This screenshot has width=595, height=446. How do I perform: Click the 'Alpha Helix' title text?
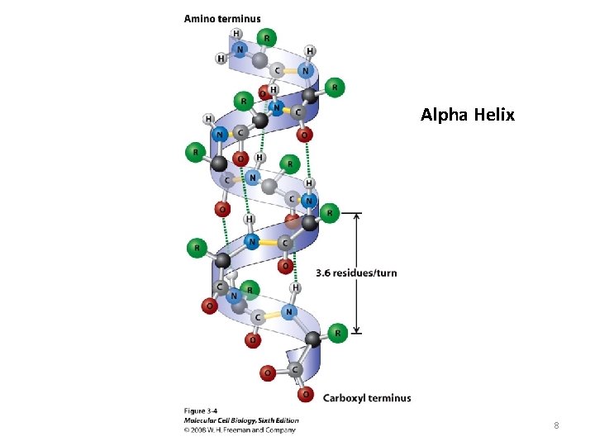(x=467, y=115)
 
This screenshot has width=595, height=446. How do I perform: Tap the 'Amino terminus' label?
(x=221, y=18)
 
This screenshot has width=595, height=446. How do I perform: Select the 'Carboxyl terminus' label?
(x=366, y=397)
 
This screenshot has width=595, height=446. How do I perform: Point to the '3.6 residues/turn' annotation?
(x=356, y=273)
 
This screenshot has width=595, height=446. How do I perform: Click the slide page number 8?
(x=556, y=425)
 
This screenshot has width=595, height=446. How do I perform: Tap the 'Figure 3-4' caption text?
(x=201, y=410)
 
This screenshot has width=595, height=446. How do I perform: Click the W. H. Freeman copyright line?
(x=239, y=429)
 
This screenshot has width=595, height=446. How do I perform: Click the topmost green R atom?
(x=265, y=36)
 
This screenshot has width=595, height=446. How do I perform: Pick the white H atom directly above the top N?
(x=237, y=33)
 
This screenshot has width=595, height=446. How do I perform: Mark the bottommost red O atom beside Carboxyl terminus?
(x=307, y=394)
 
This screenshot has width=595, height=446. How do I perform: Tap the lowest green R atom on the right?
(x=336, y=332)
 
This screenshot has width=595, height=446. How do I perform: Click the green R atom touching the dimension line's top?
(x=329, y=213)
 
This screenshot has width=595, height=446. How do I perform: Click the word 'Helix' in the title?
(x=494, y=115)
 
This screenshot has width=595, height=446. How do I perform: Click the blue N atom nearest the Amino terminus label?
(x=240, y=50)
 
